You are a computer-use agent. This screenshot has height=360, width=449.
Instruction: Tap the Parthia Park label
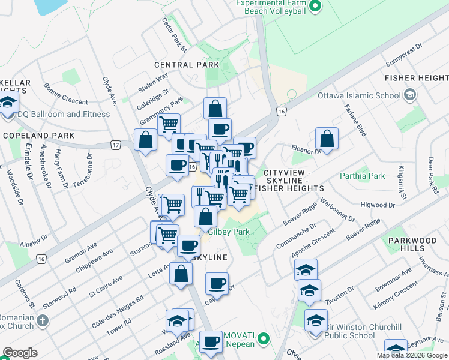tap(362, 176)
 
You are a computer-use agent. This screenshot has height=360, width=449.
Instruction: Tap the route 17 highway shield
tap(116, 145)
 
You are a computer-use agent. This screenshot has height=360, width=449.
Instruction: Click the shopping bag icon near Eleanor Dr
tap(327, 139)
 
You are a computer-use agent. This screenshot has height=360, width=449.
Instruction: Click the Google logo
tap(20, 353)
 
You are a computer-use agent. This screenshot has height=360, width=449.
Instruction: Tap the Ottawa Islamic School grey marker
tap(410, 95)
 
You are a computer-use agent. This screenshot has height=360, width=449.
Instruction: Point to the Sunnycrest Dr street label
tap(405, 59)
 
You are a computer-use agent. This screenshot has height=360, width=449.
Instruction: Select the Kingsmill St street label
tap(401, 182)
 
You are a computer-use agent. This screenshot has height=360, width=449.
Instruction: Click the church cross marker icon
tap(42, 320)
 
